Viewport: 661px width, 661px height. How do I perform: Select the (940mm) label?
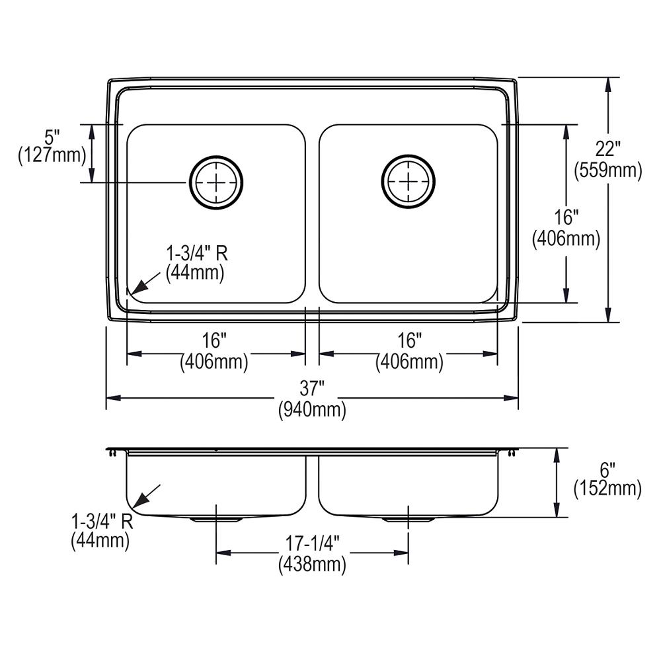[312, 410]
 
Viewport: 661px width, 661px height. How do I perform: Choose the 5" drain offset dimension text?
[52, 137]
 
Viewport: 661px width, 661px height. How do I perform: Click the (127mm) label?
[52, 156]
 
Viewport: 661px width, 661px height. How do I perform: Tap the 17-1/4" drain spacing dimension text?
[312, 543]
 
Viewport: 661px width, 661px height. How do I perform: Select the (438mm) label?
[312, 564]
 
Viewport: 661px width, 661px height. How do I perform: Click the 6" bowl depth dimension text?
[607, 469]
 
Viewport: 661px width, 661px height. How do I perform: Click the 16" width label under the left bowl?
[214, 341]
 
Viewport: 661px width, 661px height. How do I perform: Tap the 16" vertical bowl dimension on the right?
[566, 217]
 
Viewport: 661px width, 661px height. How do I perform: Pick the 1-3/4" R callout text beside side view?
[102, 522]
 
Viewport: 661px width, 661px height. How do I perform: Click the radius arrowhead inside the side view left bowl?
[139, 500]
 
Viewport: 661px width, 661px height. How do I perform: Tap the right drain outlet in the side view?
[408, 520]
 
